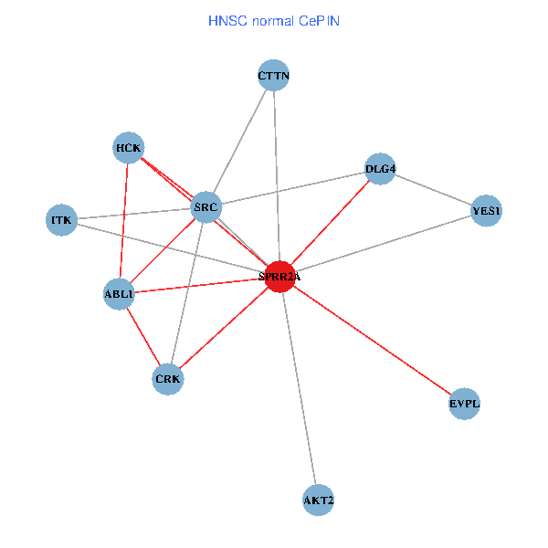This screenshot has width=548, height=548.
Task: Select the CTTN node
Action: coord(274,77)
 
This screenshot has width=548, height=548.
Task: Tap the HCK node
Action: coord(129,147)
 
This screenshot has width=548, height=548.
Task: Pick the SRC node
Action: coord(205,208)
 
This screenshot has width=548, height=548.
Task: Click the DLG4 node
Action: coord(379,168)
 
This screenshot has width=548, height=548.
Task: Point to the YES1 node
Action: coord(486,212)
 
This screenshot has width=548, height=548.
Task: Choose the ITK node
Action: coord(61,220)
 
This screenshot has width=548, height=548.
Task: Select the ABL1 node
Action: coord(120,294)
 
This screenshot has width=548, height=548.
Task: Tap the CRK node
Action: coord(168,378)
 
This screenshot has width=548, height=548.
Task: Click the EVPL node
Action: coord(464,403)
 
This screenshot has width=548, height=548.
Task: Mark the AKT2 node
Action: coord(318,501)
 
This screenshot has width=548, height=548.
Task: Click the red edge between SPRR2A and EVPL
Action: coord(373,340)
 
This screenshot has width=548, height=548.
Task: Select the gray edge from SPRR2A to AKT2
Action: coord(300,388)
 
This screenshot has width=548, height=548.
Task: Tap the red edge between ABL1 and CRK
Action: coord(143,336)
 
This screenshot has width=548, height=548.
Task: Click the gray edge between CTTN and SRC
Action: coord(239,142)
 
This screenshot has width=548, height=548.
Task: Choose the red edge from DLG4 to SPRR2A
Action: coord(330,222)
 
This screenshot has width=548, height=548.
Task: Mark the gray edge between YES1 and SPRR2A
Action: coord(384,244)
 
